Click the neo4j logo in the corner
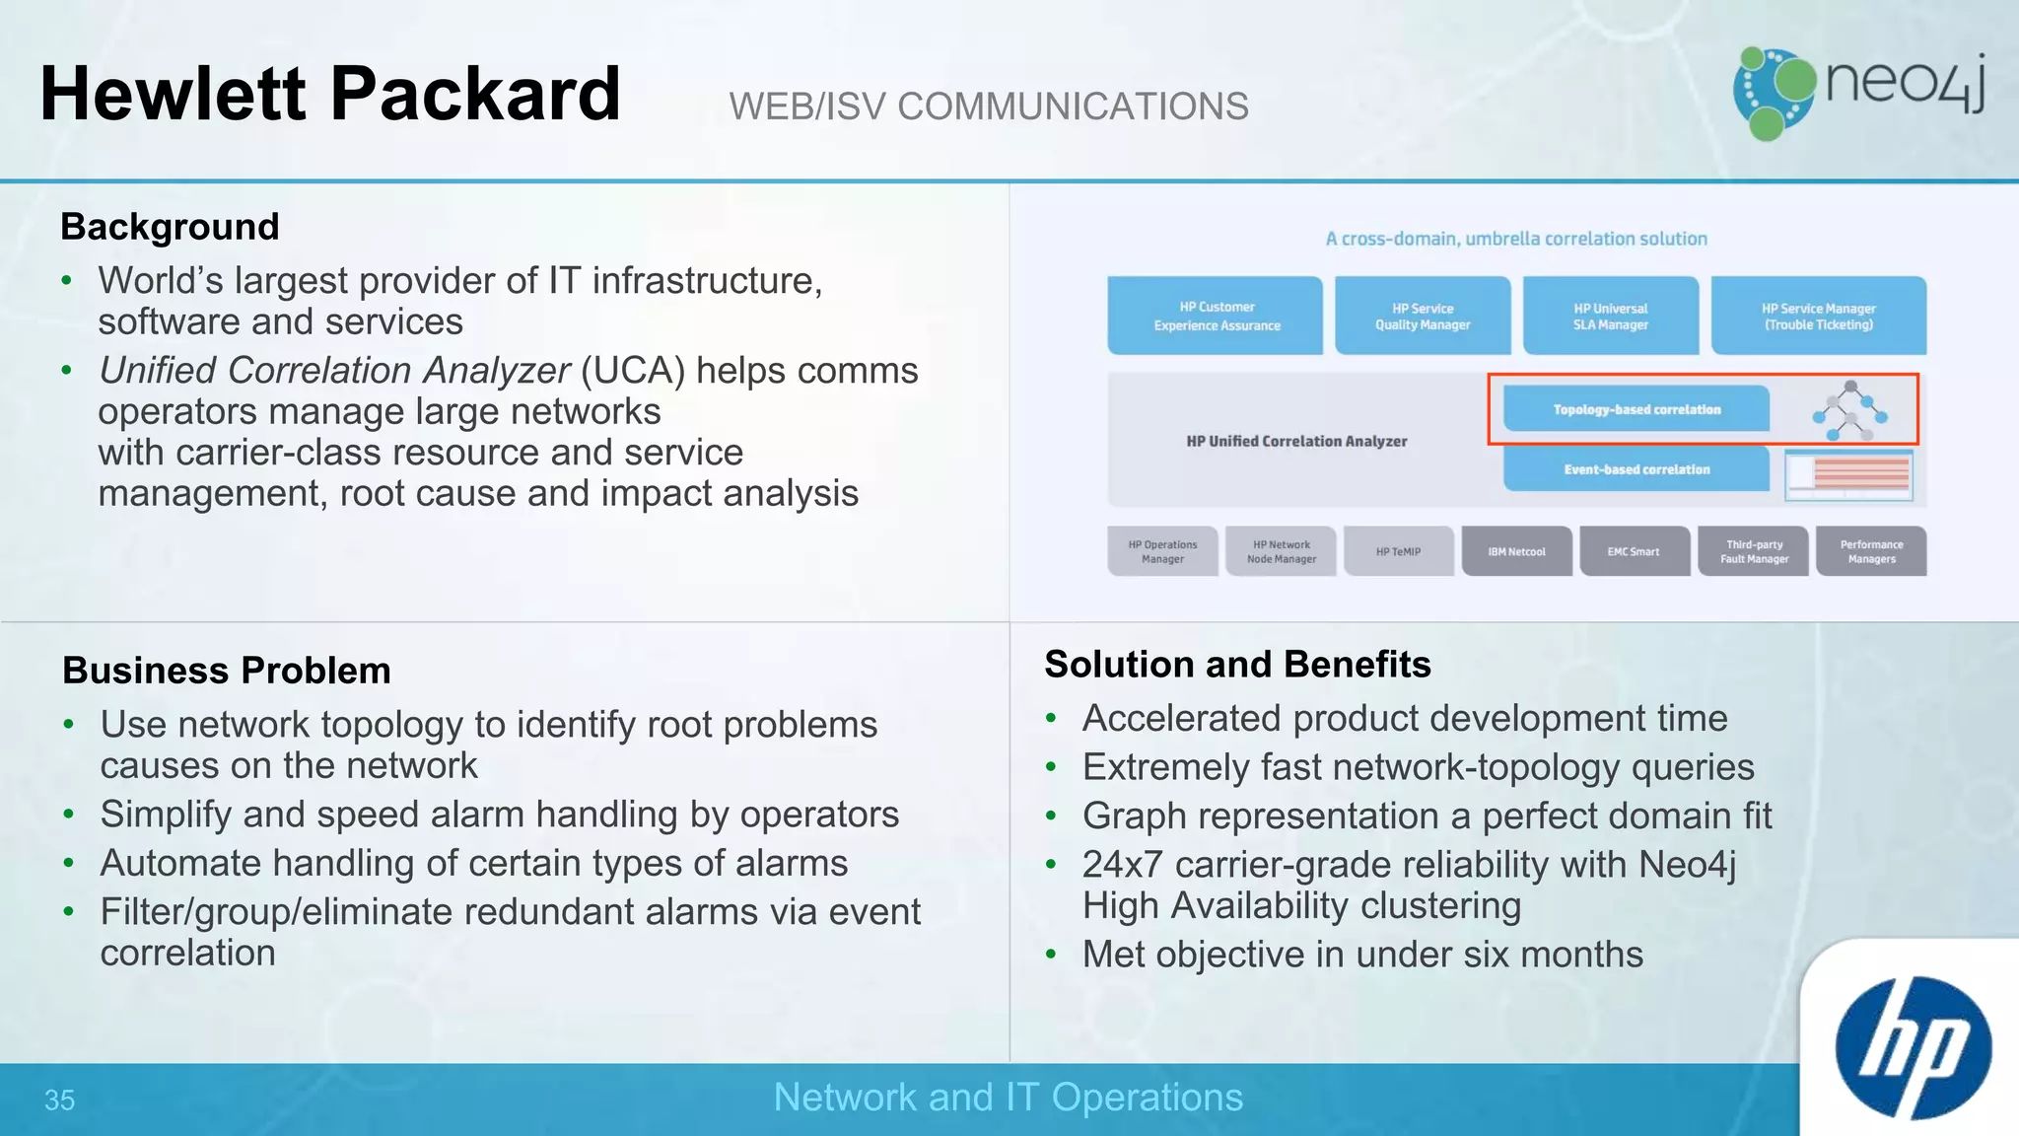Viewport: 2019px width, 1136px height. pyautogui.click(x=1858, y=92)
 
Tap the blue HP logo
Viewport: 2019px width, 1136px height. pyautogui.click(x=1913, y=1047)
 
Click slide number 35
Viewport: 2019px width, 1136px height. pyautogui.click(x=59, y=1100)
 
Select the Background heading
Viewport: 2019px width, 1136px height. pyautogui.click(x=170, y=227)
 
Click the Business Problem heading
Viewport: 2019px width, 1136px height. pyautogui.click(x=227, y=671)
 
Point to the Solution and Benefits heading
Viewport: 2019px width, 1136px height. pyautogui.click(x=1237, y=665)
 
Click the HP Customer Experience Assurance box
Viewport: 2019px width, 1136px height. pyautogui.click(x=1216, y=316)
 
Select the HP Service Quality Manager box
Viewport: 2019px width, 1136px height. pyautogui.click(x=1423, y=316)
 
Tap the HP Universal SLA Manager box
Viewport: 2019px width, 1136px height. pyautogui.click(x=1610, y=316)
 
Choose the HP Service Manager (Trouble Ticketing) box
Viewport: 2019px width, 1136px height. pyautogui.click(x=1818, y=316)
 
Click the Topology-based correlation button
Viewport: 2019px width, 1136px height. pyautogui.click(x=1636, y=409)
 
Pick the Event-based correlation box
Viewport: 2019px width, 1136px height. pyautogui.click(x=1636, y=469)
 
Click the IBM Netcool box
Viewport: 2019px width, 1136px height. pyautogui.click(x=1516, y=551)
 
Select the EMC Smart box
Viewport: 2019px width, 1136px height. pyautogui.click(x=1634, y=551)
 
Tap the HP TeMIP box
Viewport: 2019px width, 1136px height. pyautogui.click(x=1398, y=551)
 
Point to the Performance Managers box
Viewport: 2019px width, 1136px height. pyautogui.click(x=1871, y=551)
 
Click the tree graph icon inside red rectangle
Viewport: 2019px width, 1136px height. pyautogui.click(x=1850, y=410)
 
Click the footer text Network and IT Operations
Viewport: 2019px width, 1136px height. pyautogui.click(x=1008, y=1098)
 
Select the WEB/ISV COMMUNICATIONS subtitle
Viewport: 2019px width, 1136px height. pyautogui.click(x=989, y=106)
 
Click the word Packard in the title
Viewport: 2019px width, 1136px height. pyautogui.click(x=475, y=94)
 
